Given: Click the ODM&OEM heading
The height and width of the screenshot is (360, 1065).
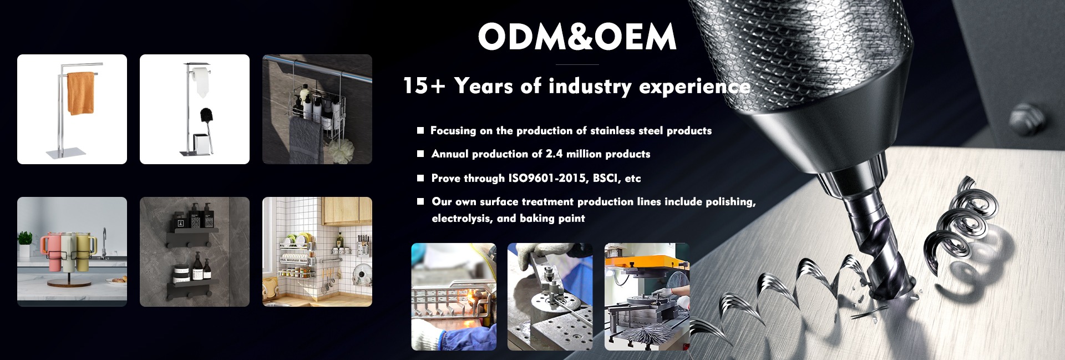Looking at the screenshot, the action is point(577,37).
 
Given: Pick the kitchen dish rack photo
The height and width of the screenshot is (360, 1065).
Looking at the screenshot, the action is point(317,252).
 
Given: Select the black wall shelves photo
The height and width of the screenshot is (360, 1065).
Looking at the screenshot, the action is point(195,252).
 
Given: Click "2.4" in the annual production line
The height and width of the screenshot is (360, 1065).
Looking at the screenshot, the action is point(554,154).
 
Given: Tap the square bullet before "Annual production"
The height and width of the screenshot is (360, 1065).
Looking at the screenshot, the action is point(420,154).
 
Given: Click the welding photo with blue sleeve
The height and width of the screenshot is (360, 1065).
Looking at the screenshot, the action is point(454,297).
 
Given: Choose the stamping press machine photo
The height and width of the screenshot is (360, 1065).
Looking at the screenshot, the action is point(647,297).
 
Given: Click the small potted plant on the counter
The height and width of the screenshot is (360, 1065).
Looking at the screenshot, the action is point(25,243).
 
